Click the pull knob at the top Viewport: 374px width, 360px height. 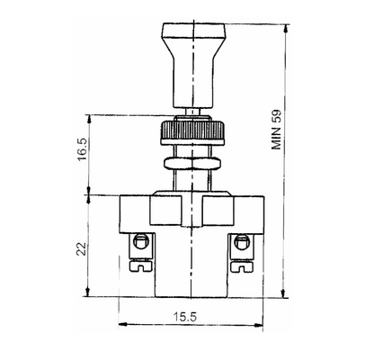click(187, 62)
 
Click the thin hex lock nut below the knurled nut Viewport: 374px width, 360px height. click(187, 164)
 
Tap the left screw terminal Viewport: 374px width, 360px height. click(139, 243)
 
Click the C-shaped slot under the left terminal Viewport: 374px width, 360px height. click(140, 265)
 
